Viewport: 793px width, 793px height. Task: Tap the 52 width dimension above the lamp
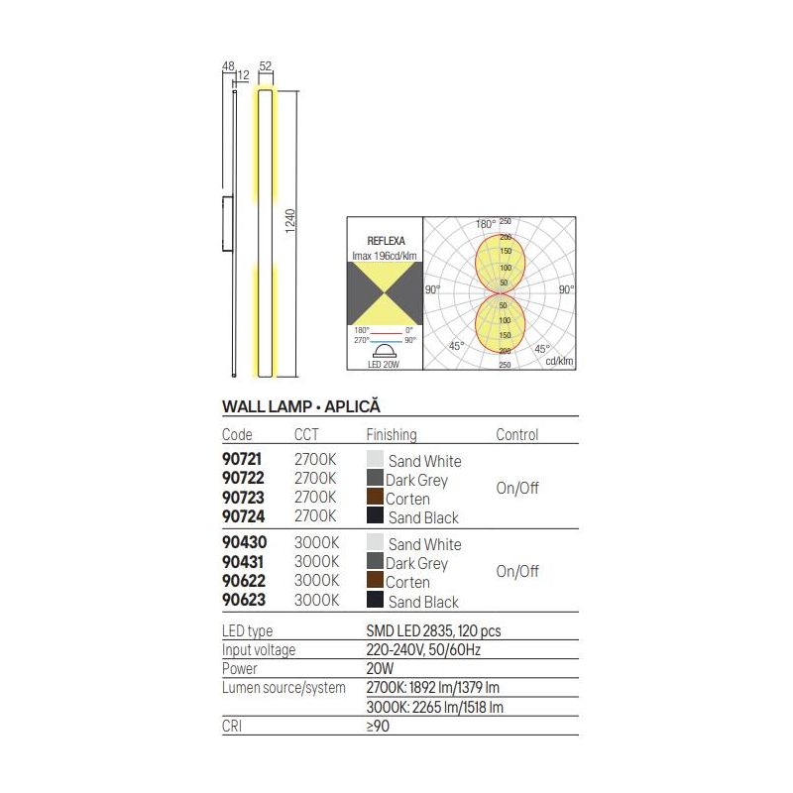pos(266,66)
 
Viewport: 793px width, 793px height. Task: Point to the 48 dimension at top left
pos(227,66)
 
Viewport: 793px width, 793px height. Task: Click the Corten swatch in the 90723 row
pos(375,499)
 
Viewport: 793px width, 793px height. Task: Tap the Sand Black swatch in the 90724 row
pos(375,516)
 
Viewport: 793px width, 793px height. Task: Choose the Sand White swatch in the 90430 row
pos(375,543)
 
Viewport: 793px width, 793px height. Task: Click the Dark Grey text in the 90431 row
pos(416,563)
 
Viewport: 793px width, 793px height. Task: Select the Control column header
pos(516,434)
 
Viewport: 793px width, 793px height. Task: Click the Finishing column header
pos(392,434)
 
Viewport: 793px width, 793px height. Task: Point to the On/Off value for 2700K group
pos(517,489)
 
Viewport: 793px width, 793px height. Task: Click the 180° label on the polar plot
pos(485,224)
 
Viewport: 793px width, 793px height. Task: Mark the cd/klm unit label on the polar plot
pos(559,362)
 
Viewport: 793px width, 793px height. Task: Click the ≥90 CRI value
pos(378,726)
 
